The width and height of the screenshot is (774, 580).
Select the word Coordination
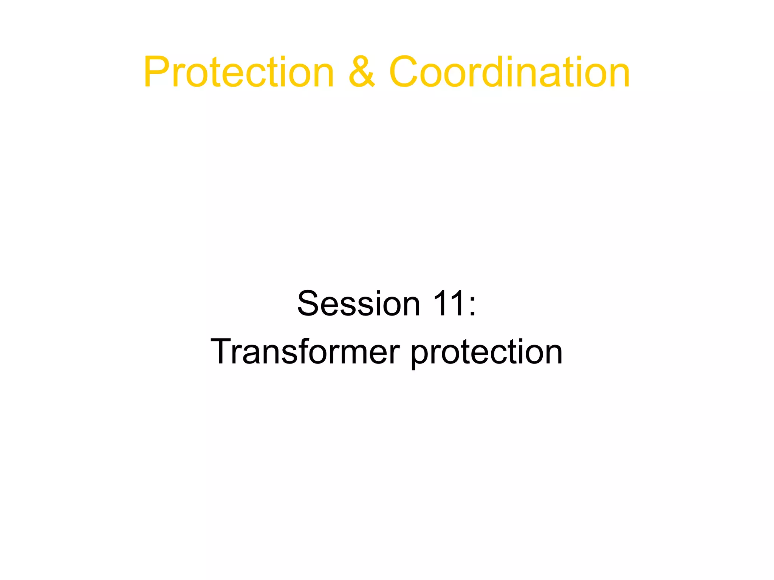(x=509, y=72)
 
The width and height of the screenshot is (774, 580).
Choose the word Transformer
(x=305, y=351)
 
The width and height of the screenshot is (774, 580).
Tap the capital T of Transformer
(x=223, y=351)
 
